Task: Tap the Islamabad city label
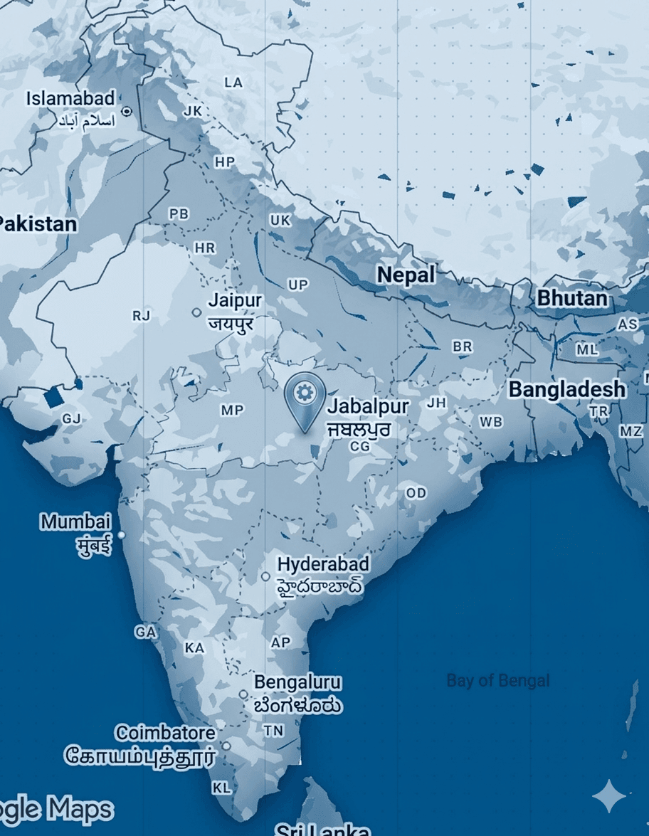pyautogui.click(x=70, y=98)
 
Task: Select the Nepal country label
pyautogui.click(x=406, y=275)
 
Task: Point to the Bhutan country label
pyautogui.click(x=572, y=297)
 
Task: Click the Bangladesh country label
pyautogui.click(x=567, y=389)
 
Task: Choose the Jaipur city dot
pyautogui.click(x=196, y=312)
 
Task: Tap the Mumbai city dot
pyautogui.click(x=121, y=534)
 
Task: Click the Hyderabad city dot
pyautogui.click(x=265, y=576)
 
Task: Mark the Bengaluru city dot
pyautogui.click(x=243, y=694)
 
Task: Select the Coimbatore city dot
pyautogui.click(x=226, y=746)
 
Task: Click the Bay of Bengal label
pyautogui.click(x=497, y=681)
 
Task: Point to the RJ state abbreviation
pyautogui.click(x=142, y=316)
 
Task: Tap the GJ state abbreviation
pyautogui.click(x=71, y=418)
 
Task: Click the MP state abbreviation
pyautogui.click(x=232, y=411)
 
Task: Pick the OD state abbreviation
pyautogui.click(x=416, y=493)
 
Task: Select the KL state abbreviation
pyautogui.click(x=221, y=788)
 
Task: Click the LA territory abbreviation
pyautogui.click(x=233, y=83)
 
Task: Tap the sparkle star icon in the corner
pyautogui.click(x=609, y=795)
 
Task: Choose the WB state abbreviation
pyautogui.click(x=490, y=422)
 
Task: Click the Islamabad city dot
pyautogui.click(x=127, y=112)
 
